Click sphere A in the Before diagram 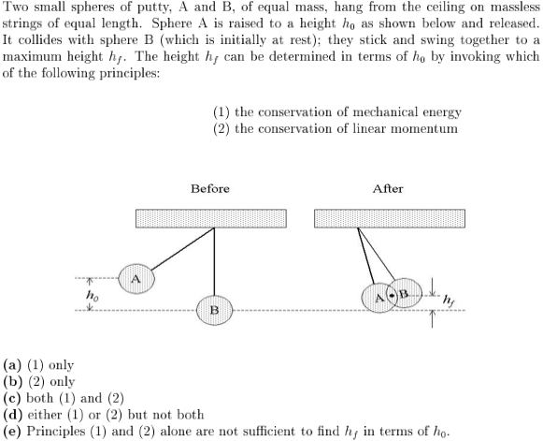pos(136,279)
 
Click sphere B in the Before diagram pos(214,310)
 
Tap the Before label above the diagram pos(210,189)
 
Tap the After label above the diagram pos(388,189)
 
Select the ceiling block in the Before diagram pos(211,218)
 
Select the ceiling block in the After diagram pos(390,218)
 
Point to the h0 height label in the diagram pos(93,296)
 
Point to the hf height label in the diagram pos(449,301)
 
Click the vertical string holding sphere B pos(214,261)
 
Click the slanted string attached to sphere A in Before pos(183,248)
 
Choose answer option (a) pos(38,365)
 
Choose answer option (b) pos(39,382)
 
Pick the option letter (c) pos(12,398)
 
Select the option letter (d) pos(12,415)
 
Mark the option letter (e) pos(12,432)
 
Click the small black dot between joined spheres pos(392,296)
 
